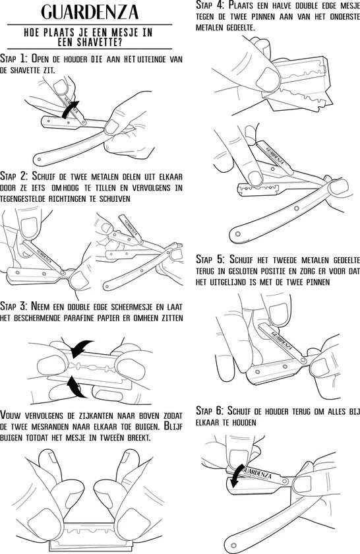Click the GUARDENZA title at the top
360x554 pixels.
[90, 12]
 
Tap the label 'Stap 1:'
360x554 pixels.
[14, 58]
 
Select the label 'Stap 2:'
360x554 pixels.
[14, 175]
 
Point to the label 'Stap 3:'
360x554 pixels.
[14, 305]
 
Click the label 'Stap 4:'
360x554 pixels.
[210, 5]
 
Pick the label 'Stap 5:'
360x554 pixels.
[210, 259]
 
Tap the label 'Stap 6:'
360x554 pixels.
[210, 410]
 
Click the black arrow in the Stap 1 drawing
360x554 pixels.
[70, 109]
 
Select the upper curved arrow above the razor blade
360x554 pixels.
[80, 348]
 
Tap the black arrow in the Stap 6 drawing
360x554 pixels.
[235, 476]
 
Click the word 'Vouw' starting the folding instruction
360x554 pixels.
[11, 415]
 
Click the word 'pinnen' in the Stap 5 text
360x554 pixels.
[317, 282]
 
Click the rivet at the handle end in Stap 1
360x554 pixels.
[39, 160]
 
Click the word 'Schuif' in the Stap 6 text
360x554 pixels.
[239, 410]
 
